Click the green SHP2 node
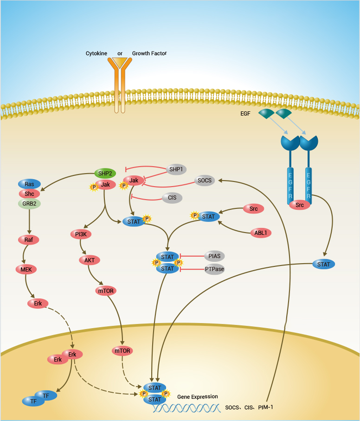tap(105, 173)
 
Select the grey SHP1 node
tap(177, 169)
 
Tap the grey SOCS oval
tap(205, 181)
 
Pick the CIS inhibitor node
tap(172, 198)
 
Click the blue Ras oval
tap(29, 184)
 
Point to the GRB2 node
tap(29, 203)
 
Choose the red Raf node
tap(28, 240)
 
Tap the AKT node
tap(90, 260)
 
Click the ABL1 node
tap(260, 233)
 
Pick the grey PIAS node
tap(214, 256)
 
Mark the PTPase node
tap(214, 269)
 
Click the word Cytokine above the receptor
tap(96, 53)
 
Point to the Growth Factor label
tap(149, 53)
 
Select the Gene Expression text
tap(198, 397)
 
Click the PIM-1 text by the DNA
tap(265, 407)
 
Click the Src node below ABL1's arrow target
tap(253, 209)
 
